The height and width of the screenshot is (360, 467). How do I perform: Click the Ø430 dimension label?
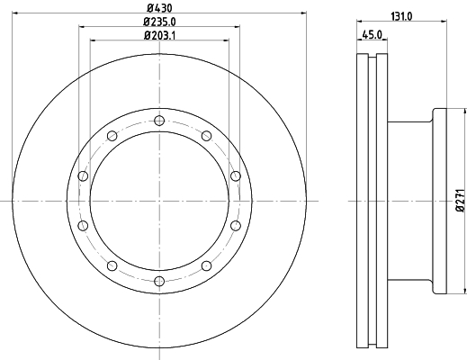[x=159, y=8]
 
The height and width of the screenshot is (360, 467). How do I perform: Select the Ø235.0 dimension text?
[x=159, y=22]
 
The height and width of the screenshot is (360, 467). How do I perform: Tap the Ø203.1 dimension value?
[x=159, y=35]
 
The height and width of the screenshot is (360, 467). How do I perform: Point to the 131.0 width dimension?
[x=401, y=17]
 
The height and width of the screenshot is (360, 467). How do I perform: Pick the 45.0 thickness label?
[x=372, y=35]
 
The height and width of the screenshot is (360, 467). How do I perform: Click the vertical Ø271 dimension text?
[x=462, y=201]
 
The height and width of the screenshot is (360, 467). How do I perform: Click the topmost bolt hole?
[x=159, y=121]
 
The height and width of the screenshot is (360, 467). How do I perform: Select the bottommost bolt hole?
[x=159, y=281]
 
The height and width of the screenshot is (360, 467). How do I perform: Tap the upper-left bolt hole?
[x=112, y=136]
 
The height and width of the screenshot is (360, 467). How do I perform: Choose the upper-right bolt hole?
[x=206, y=136]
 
